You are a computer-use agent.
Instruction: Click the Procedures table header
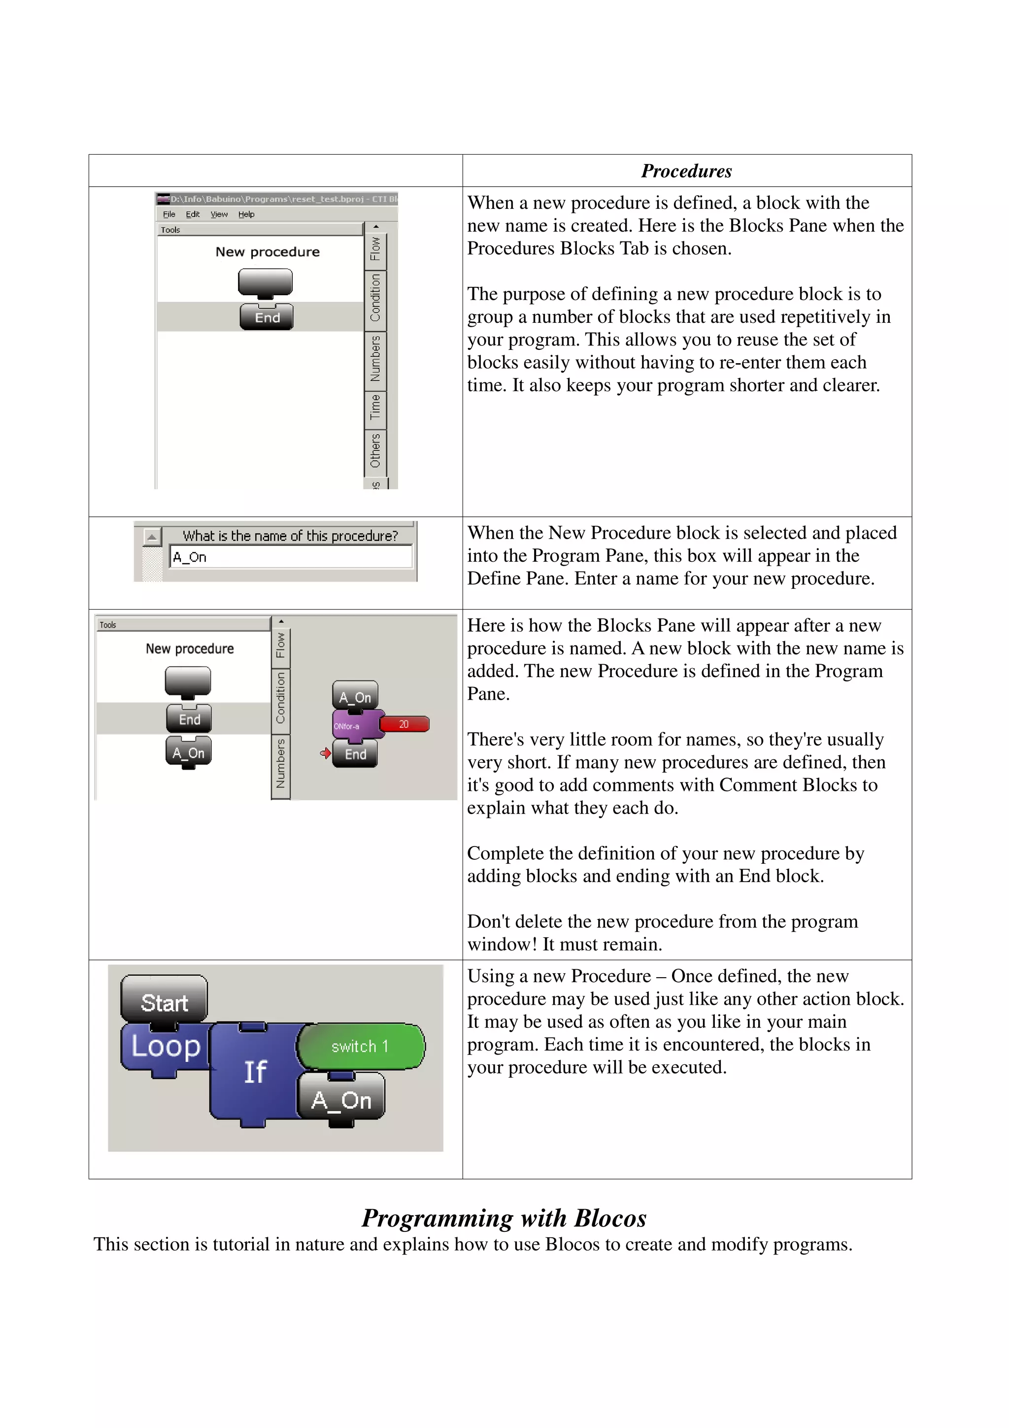point(686,171)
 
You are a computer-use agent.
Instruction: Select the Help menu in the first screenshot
point(246,214)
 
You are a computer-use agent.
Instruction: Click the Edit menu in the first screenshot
point(193,214)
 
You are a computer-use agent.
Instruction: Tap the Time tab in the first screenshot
point(375,408)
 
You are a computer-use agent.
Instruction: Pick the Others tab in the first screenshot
point(375,450)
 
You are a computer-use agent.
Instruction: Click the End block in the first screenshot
point(267,317)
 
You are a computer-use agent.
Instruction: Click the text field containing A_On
point(290,557)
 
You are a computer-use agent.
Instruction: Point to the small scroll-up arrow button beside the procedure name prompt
point(151,536)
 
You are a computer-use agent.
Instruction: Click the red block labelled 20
point(404,724)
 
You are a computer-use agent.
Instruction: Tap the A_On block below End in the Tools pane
point(188,752)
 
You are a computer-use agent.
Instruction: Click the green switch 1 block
point(361,1047)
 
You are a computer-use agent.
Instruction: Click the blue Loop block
point(166,1047)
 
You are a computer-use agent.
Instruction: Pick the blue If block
point(255,1072)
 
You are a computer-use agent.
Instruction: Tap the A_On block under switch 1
point(341,1100)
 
